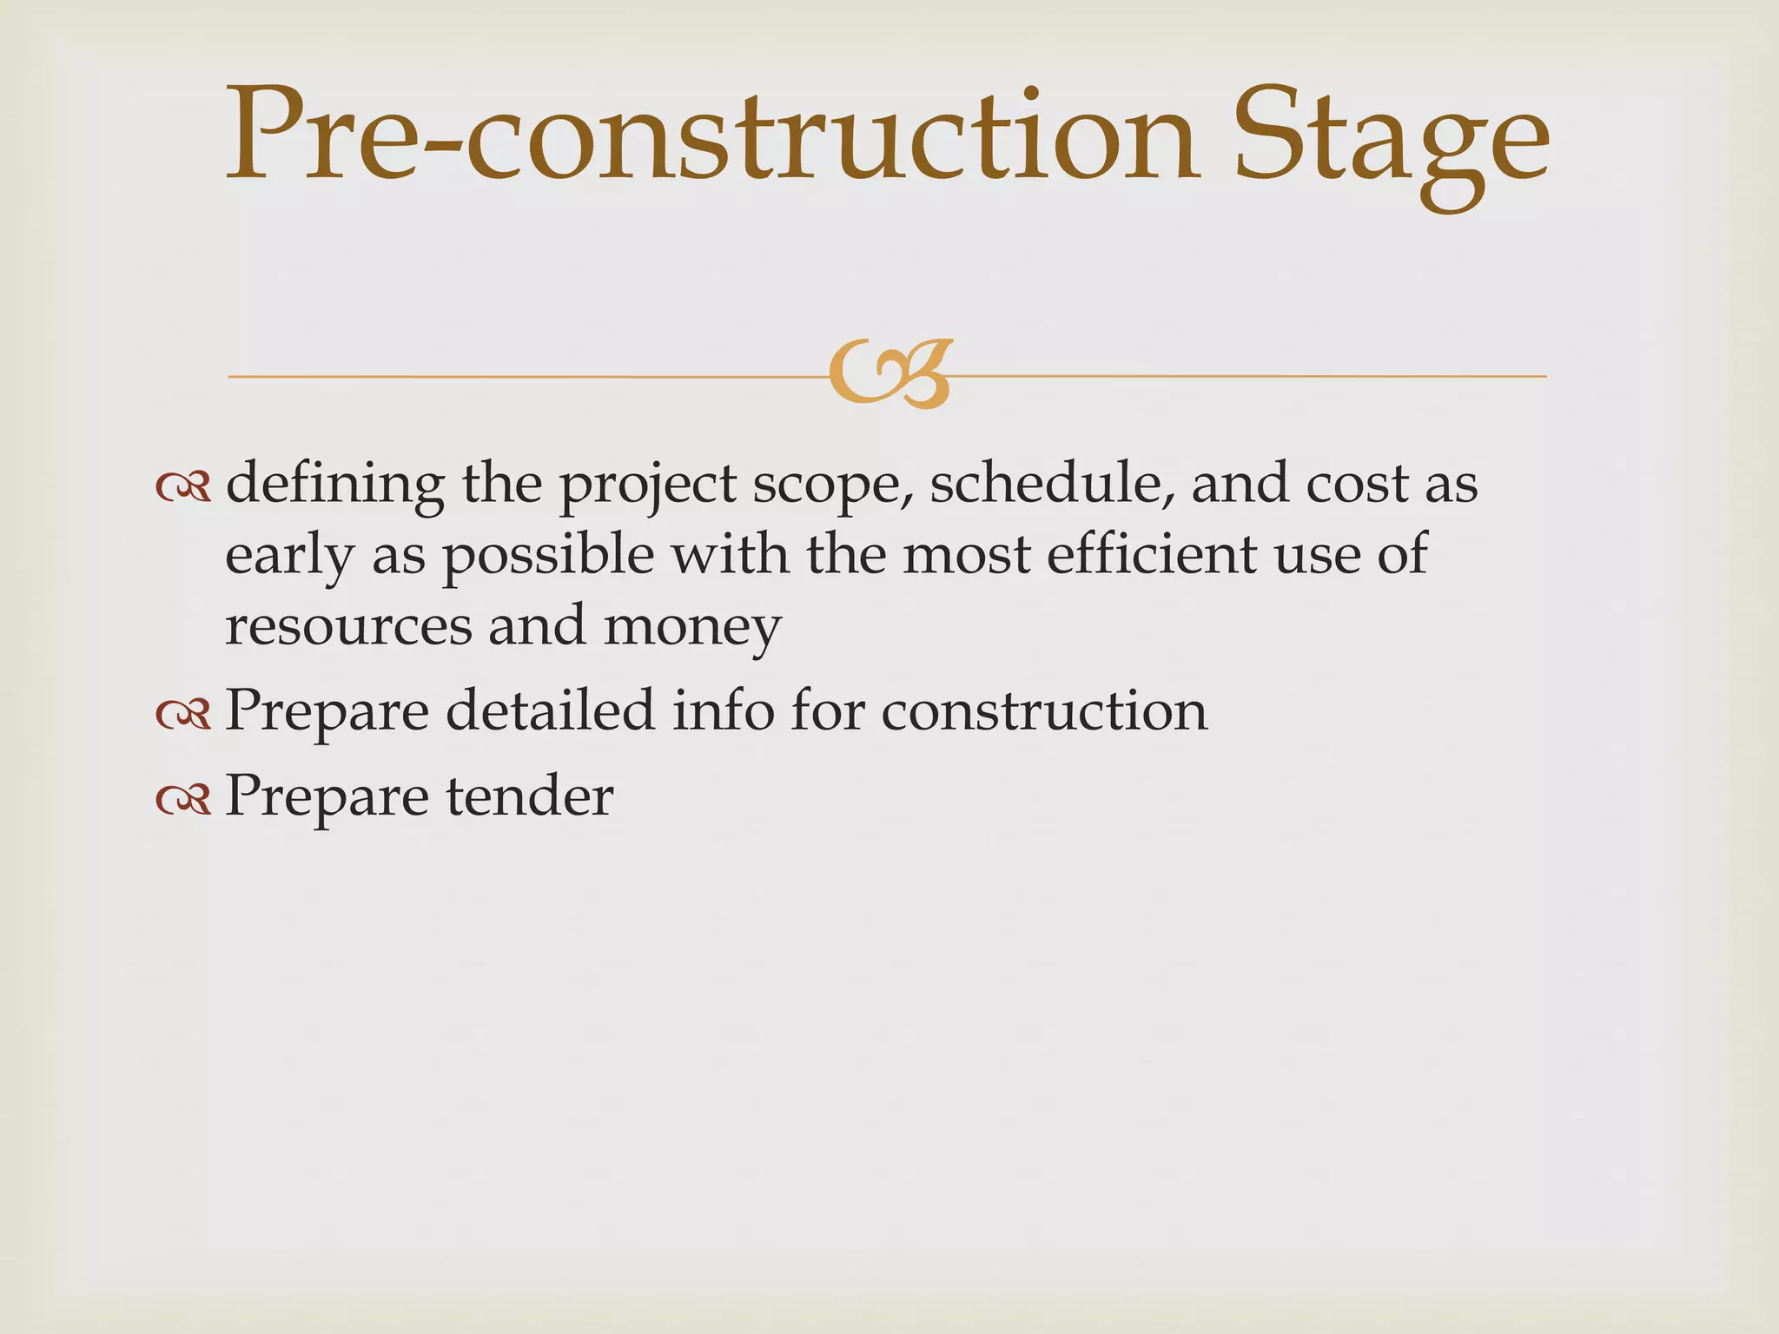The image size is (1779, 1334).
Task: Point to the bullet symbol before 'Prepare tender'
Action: click(x=183, y=799)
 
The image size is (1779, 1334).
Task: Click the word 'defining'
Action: click(x=334, y=485)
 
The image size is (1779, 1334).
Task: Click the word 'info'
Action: click(x=723, y=710)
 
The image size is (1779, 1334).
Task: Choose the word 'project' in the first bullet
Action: click(x=648, y=486)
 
